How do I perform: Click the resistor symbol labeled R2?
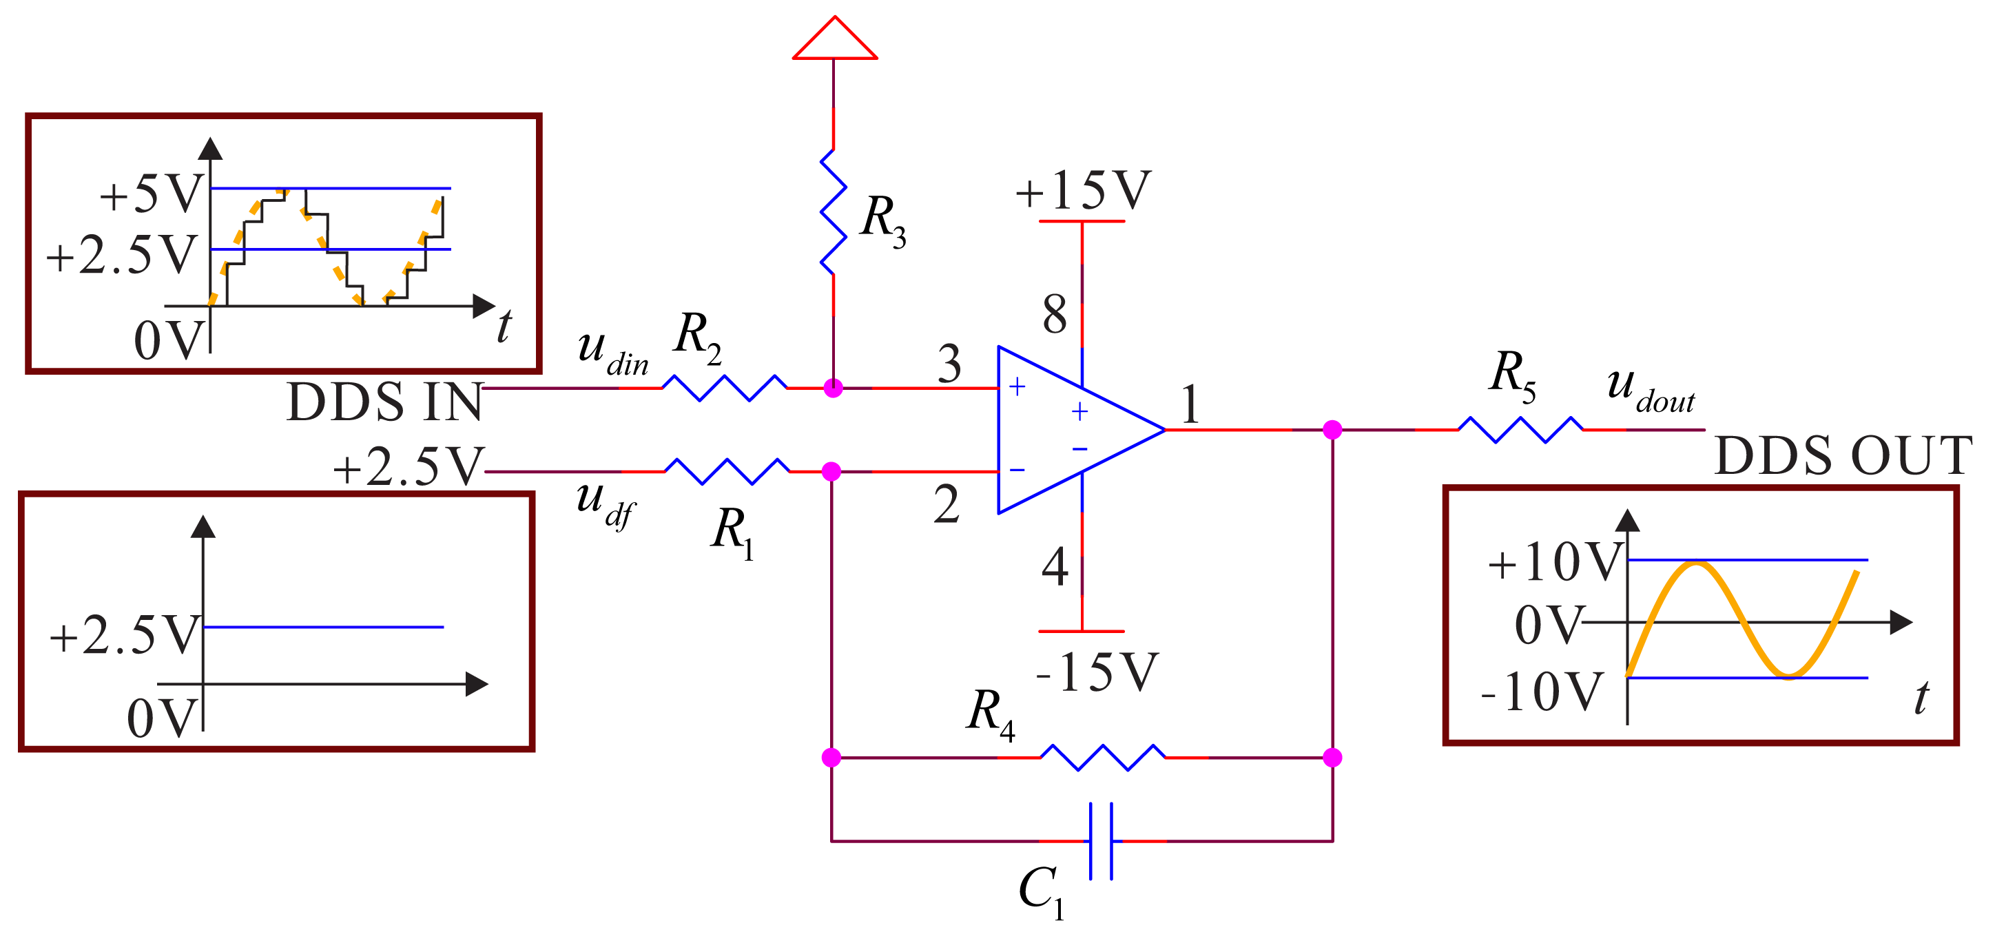click(724, 387)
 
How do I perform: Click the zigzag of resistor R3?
click(834, 211)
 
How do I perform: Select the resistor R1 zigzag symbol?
click(727, 470)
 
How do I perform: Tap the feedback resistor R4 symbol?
click(1102, 757)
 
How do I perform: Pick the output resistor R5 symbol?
click(1520, 429)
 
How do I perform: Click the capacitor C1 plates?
click(1101, 841)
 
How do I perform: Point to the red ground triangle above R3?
click(834, 40)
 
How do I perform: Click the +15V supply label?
click(1083, 190)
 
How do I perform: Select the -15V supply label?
click(1097, 672)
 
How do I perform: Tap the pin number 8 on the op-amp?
click(1054, 314)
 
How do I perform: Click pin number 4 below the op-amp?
click(1055, 567)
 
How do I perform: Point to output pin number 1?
click(1190, 404)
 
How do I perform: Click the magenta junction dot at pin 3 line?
click(834, 388)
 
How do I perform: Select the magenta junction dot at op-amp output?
click(1332, 430)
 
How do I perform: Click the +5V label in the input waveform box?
click(152, 194)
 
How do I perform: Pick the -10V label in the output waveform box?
click(1541, 692)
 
